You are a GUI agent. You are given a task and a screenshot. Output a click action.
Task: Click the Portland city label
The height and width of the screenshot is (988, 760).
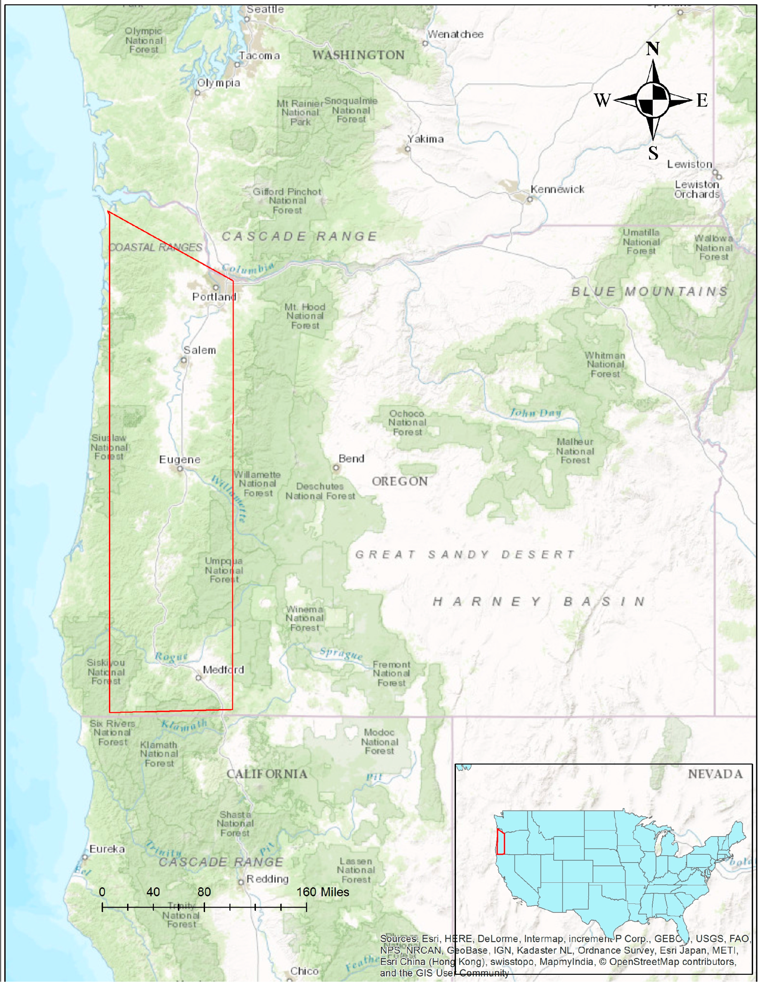[x=214, y=297]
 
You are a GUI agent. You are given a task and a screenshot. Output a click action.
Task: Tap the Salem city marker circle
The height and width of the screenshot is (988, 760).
[x=184, y=361]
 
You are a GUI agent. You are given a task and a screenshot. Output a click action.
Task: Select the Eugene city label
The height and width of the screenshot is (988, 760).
[x=179, y=460]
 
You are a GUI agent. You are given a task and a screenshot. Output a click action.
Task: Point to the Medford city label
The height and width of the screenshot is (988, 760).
[x=224, y=670]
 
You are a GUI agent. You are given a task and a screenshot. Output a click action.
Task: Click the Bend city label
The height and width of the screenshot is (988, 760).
[x=352, y=459]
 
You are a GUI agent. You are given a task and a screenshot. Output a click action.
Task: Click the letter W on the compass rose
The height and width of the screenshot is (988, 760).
[x=602, y=100]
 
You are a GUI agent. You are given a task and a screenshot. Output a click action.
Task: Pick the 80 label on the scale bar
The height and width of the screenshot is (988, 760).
[x=204, y=892]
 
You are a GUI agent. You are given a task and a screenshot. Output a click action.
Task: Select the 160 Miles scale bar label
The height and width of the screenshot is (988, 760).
[x=323, y=892]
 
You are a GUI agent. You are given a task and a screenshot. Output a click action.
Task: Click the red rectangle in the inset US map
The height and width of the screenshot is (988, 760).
[x=500, y=842]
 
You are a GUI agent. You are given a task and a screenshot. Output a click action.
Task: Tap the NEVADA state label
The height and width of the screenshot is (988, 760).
[x=715, y=774]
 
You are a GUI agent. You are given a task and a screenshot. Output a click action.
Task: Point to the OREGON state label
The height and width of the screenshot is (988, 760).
[x=400, y=481]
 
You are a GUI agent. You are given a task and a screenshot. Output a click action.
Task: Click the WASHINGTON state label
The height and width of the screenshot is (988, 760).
[x=358, y=55]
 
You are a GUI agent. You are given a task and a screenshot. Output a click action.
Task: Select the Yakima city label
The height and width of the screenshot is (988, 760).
[x=425, y=139]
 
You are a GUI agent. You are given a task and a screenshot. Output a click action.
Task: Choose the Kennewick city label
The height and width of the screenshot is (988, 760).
[x=557, y=189]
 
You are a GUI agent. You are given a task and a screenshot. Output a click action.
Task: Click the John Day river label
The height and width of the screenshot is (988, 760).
[x=536, y=413]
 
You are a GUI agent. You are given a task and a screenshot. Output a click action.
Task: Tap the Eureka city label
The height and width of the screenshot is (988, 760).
[x=107, y=849]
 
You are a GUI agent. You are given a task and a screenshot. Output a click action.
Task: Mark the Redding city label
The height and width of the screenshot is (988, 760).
[x=267, y=879]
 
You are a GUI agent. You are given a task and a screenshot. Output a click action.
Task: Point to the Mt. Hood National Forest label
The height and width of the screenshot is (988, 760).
[x=305, y=316]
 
